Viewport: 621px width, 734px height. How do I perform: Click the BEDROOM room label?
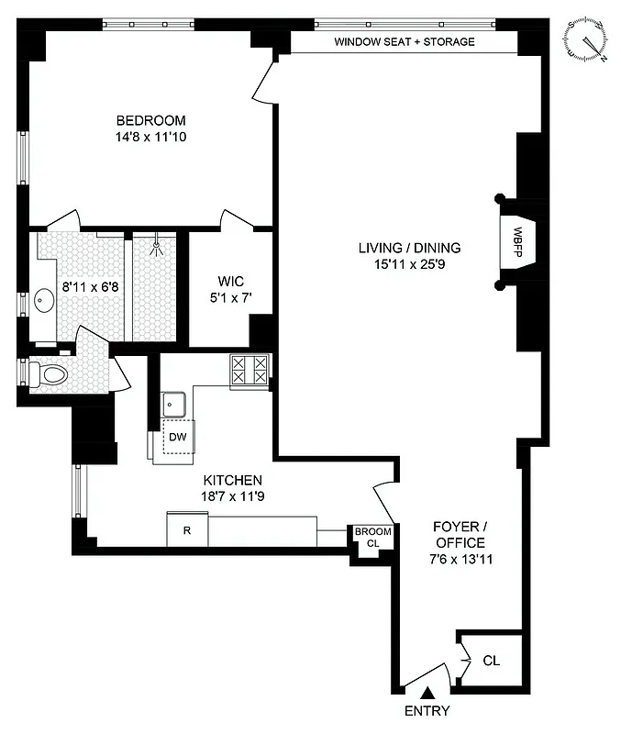(x=150, y=120)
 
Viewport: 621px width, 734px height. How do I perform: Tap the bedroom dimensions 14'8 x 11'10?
(x=150, y=138)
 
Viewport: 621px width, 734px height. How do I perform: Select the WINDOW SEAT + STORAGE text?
(x=404, y=42)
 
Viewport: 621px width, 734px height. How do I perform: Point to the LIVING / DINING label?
(x=410, y=248)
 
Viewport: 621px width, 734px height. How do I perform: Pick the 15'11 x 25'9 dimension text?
(x=410, y=265)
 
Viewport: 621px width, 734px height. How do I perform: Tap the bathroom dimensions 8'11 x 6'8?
(x=90, y=285)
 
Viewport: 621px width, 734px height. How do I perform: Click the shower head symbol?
(x=158, y=245)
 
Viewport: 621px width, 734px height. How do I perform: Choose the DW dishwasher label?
(x=177, y=438)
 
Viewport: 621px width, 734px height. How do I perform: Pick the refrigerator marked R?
(x=187, y=530)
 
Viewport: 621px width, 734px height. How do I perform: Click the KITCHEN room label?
(x=232, y=480)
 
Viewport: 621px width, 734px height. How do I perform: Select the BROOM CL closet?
(x=373, y=538)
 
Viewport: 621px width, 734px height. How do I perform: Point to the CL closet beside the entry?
(x=491, y=660)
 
